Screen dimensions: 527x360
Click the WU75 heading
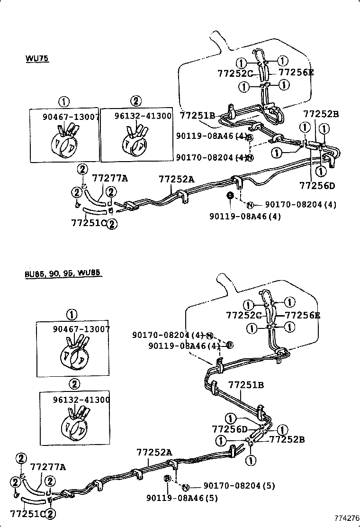(x=37, y=58)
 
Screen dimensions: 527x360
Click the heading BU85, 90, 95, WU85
(x=63, y=274)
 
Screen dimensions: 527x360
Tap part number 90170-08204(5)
(x=239, y=485)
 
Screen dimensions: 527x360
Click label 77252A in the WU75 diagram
(x=176, y=179)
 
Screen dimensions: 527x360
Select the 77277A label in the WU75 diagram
(x=110, y=178)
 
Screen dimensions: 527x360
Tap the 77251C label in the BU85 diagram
(x=28, y=513)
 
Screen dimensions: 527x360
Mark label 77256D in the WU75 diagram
(x=317, y=185)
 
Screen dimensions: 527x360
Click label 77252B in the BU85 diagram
(x=287, y=439)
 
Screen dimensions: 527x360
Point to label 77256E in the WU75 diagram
(x=296, y=73)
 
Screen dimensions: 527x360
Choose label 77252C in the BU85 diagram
(x=244, y=315)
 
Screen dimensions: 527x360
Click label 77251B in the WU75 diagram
(x=198, y=115)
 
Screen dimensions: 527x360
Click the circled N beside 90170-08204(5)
(x=186, y=487)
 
